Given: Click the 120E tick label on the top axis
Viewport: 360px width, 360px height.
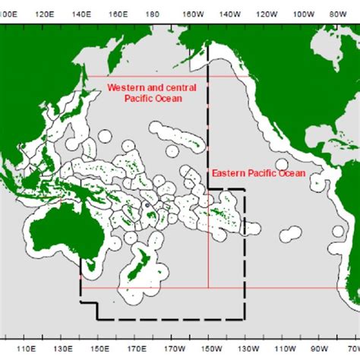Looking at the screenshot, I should click(x=45, y=14).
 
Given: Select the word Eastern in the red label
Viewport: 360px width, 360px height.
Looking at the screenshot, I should click(x=227, y=173).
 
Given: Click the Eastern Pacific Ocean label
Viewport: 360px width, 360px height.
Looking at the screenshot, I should click(x=258, y=173).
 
